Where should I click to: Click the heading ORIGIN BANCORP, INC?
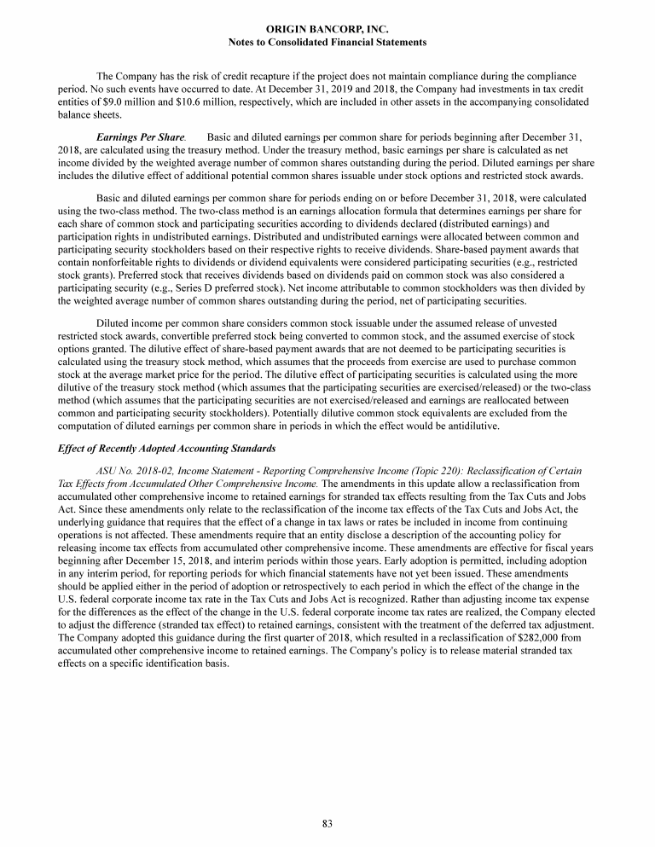click(327, 29)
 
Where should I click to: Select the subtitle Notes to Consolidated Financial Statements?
click(327, 41)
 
